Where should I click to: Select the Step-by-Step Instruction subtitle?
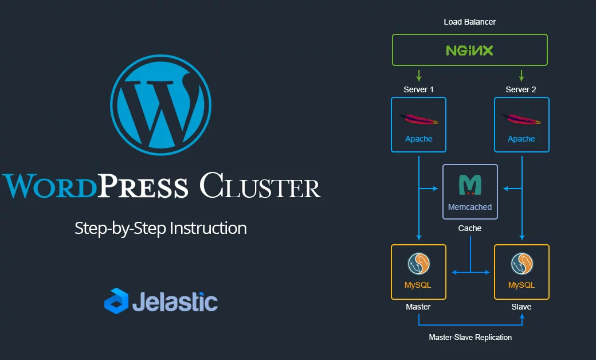(x=160, y=228)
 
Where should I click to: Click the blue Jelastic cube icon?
(x=116, y=301)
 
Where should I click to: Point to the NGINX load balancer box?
(x=469, y=50)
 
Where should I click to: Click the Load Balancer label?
(x=469, y=22)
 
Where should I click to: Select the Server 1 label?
(x=418, y=89)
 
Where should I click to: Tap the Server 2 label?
(x=521, y=89)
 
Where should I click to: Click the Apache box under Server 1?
(x=418, y=124)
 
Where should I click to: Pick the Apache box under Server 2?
(x=521, y=124)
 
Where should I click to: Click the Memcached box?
(x=470, y=191)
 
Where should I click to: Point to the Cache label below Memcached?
(x=469, y=228)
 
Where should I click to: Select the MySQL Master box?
(x=418, y=272)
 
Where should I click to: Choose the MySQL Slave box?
(x=521, y=272)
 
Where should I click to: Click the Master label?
(x=418, y=307)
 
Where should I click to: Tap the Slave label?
(x=521, y=307)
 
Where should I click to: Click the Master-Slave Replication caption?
(x=470, y=337)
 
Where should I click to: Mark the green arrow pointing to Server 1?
(x=419, y=75)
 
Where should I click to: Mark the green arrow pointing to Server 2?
(x=521, y=75)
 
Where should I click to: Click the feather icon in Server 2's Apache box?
(x=521, y=119)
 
